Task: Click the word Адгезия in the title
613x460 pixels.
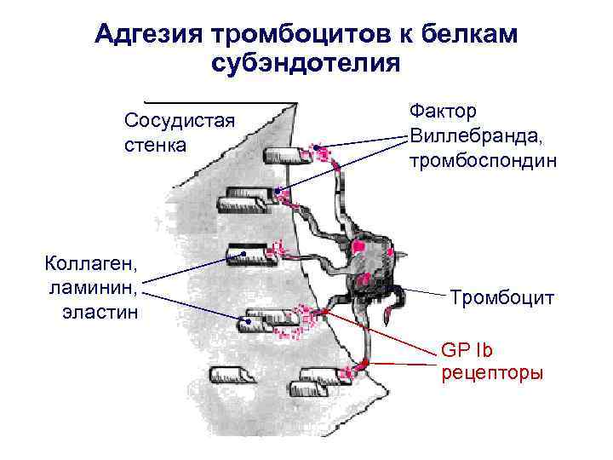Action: click(x=147, y=34)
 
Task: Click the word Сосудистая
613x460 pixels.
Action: click(x=179, y=120)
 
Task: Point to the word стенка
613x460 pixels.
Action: click(x=155, y=145)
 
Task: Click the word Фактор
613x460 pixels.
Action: click(x=443, y=112)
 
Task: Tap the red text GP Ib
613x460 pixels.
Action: click(x=467, y=349)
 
